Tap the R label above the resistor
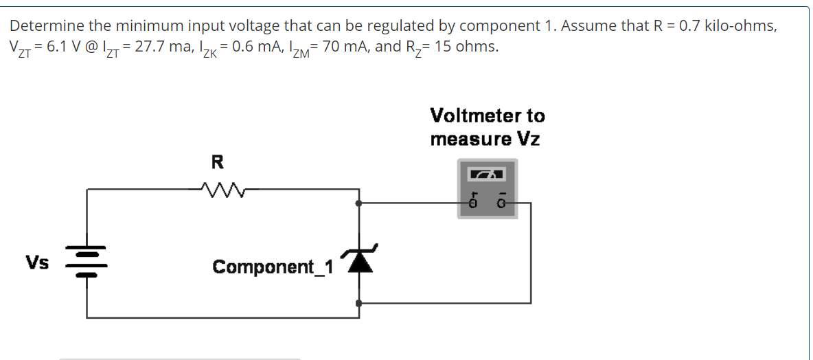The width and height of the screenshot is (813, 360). click(217, 163)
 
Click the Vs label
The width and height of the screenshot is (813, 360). click(37, 263)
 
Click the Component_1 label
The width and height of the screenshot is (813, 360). click(273, 267)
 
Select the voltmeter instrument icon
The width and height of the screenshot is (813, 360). click(487, 188)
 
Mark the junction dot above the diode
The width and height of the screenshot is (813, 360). click(358, 203)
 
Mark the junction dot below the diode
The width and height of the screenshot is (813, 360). click(358, 302)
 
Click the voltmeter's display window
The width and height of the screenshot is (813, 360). click(487, 175)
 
